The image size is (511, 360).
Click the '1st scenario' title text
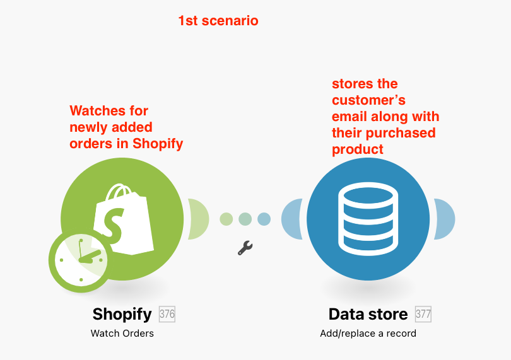[x=218, y=21]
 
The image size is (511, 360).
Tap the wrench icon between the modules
[x=245, y=248]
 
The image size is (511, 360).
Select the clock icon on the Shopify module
[x=81, y=260]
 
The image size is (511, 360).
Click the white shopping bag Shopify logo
[x=124, y=219]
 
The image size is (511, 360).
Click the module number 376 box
[x=167, y=314]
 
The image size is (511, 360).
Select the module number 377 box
[x=423, y=314]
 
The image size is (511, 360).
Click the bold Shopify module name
[x=122, y=315]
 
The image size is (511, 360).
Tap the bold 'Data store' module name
[x=368, y=315]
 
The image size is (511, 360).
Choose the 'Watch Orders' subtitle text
[x=122, y=334]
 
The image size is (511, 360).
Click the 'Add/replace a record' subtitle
[x=368, y=334]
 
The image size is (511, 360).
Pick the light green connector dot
[x=226, y=219]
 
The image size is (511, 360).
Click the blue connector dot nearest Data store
[x=264, y=219]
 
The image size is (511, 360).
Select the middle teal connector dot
[x=245, y=219]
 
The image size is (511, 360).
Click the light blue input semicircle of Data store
[x=291, y=219]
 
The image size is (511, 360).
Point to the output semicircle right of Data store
[x=444, y=219]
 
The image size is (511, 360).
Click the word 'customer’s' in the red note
[x=368, y=100]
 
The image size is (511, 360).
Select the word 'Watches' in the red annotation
[x=97, y=111]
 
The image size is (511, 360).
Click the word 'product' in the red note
[x=358, y=149]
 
